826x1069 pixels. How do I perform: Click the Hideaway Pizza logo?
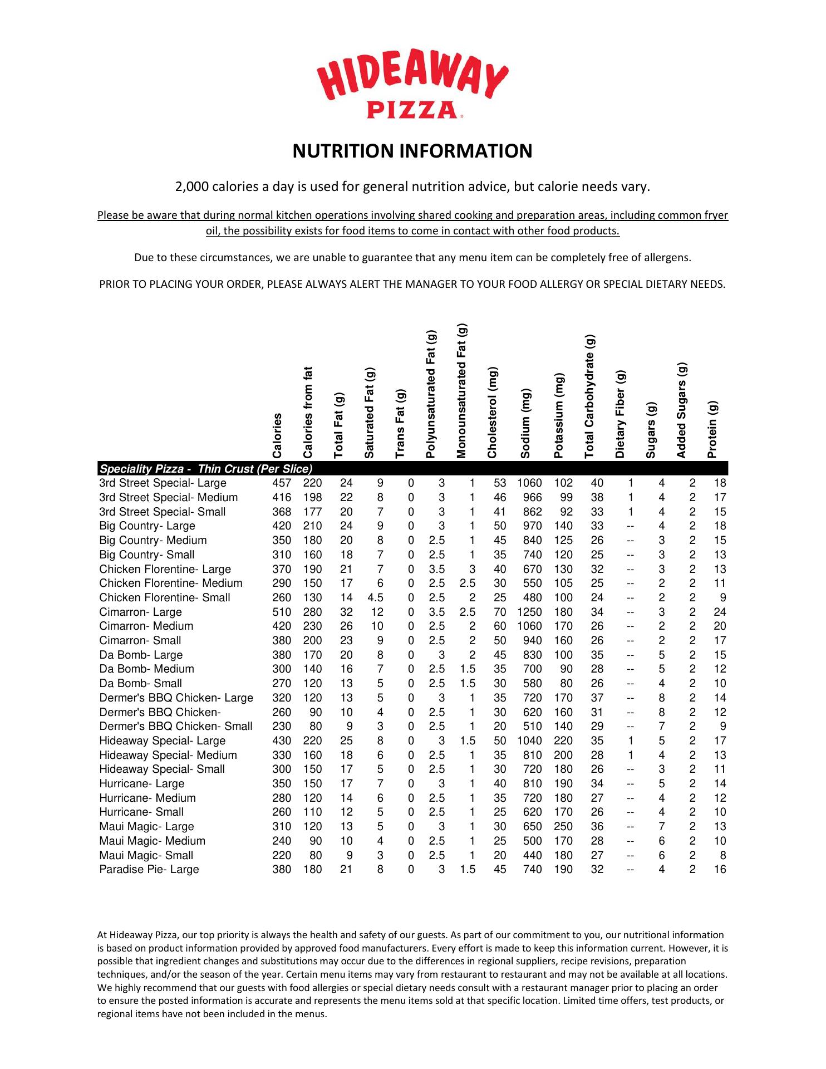pos(412,84)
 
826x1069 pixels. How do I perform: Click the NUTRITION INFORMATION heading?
pos(412,151)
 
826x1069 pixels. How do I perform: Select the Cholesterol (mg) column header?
pos(491,412)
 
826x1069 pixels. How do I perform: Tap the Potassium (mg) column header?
pos(559,415)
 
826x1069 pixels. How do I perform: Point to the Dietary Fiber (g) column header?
pos(620,414)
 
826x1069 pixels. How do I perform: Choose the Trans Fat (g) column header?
pos(400,423)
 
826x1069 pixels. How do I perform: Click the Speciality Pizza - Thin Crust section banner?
pos(206,469)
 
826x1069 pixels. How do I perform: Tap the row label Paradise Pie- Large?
pos(149,869)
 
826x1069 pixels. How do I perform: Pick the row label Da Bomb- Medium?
pos(146,669)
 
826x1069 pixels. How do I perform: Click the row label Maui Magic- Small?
pos(146,855)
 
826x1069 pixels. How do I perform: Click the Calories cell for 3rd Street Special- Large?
pos(282,483)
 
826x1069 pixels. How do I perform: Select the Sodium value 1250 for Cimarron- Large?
pos(529,612)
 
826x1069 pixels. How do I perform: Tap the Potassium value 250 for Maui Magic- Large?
pos(563,826)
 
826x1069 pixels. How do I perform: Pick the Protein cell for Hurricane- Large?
pos(720,783)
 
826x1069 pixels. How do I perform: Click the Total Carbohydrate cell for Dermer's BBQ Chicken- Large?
pos(597,698)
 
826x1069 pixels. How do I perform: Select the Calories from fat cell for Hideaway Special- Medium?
pos(312,755)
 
